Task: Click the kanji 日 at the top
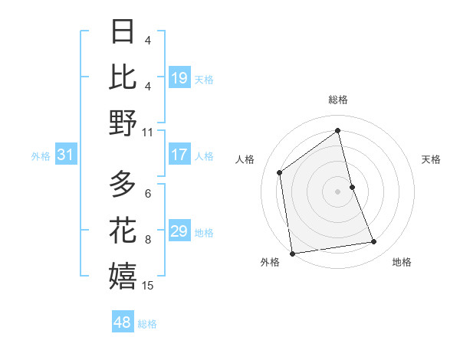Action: point(123,32)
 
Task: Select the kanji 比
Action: point(123,77)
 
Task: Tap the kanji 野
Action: point(123,123)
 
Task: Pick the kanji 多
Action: point(123,184)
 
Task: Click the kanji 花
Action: point(123,229)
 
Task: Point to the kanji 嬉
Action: point(123,275)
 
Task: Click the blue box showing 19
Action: point(179,77)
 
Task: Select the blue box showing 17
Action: point(179,155)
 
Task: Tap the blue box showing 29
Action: point(179,231)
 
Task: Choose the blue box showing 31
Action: point(66,155)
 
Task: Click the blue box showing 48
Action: point(123,322)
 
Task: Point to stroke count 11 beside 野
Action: point(148,132)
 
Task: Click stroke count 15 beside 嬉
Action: point(148,286)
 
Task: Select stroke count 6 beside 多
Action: point(148,194)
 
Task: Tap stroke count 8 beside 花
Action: point(148,240)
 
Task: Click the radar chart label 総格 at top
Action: point(338,100)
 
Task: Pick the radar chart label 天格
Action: point(431,159)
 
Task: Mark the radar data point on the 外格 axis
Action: point(292,254)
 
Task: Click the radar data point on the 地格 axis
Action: point(374,242)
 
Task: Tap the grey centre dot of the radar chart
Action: point(338,191)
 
